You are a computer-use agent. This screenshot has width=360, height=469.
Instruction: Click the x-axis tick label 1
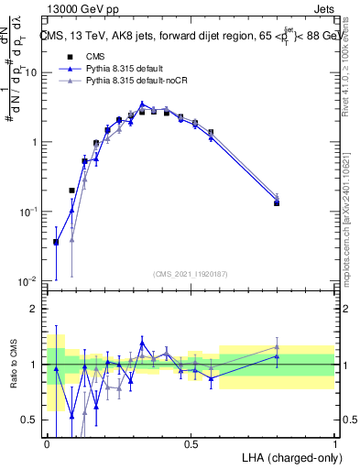[x=335, y=444]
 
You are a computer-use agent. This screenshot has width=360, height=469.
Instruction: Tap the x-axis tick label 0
[x=48, y=444]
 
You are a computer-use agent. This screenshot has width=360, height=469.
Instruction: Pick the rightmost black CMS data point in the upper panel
[x=277, y=203]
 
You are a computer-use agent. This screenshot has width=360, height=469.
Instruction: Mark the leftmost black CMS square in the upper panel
[x=56, y=243]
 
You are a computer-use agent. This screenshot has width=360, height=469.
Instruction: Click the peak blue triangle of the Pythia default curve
[x=142, y=104]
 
